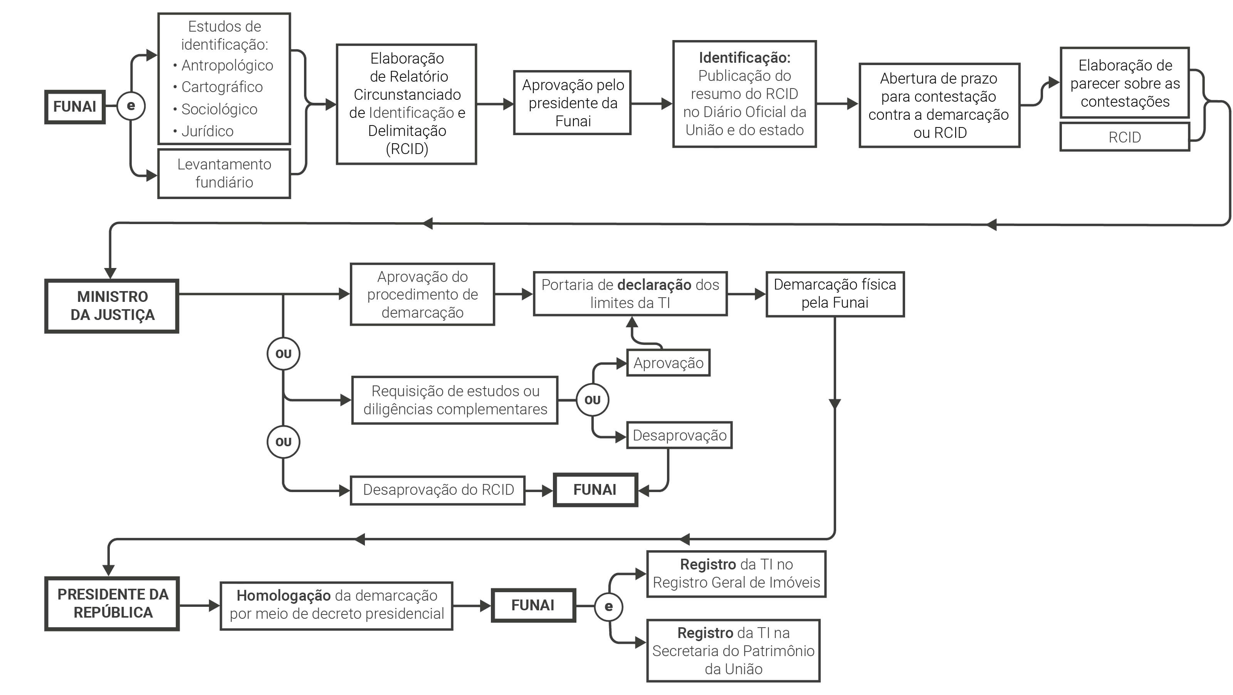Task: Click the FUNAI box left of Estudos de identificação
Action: [75, 107]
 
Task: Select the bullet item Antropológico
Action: [227, 65]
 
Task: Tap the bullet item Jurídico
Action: [207, 131]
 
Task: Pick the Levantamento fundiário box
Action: [224, 173]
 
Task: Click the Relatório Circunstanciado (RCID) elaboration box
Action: [407, 104]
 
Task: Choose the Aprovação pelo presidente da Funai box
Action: [573, 103]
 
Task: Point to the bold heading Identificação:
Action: [744, 58]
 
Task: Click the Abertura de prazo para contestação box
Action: [939, 105]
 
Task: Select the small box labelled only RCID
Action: [1124, 137]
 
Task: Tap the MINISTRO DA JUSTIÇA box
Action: [112, 306]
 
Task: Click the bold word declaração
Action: [654, 285]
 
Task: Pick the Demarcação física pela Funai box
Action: [835, 294]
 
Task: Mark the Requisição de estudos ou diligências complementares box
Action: [455, 400]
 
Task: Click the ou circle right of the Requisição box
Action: [592, 400]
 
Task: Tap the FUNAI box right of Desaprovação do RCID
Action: [595, 490]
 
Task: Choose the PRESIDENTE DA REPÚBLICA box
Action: [112, 604]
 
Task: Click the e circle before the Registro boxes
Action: [608, 606]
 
